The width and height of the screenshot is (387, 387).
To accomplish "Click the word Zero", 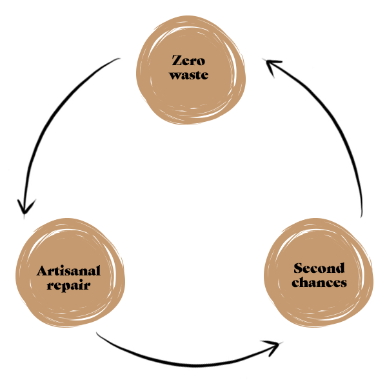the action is click(x=188, y=61).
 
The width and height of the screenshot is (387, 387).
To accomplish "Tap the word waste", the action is click(x=189, y=75).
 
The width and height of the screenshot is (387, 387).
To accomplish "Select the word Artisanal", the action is click(x=68, y=271).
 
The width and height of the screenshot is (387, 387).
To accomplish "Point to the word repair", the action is click(x=68, y=286).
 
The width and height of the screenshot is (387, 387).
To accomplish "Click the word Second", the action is click(x=319, y=268).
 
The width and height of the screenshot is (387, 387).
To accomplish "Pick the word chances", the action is click(x=319, y=283).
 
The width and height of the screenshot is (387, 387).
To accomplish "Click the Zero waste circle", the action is click(x=191, y=70).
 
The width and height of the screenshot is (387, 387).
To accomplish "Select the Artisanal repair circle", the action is click(x=70, y=273).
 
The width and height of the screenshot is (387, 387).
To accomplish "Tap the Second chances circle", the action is click(x=319, y=273).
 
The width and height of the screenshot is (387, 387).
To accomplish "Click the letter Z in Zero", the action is click(x=177, y=61).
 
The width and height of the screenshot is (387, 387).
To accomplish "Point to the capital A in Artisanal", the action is click(x=43, y=271).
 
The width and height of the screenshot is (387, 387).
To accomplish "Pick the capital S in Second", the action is click(x=298, y=268).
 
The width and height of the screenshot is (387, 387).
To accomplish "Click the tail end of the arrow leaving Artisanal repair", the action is click(x=97, y=333).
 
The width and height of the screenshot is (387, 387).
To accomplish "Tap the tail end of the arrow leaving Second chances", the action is click(x=361, y=217).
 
